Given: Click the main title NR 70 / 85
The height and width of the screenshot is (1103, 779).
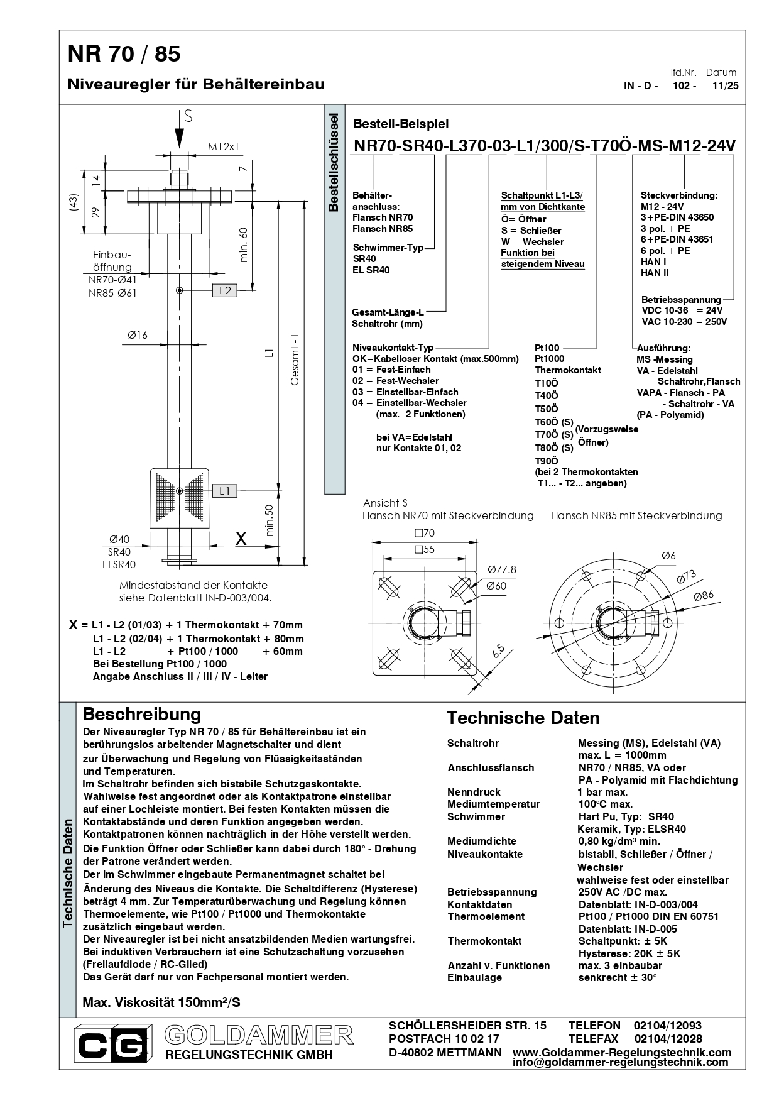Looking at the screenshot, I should pyautogui.click(x=124, y=55).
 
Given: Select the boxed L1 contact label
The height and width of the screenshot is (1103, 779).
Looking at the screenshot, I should pyautogui.click(x=225, y=491).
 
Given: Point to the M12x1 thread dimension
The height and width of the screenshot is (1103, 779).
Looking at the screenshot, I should pyautogui.click(x=224, y=147).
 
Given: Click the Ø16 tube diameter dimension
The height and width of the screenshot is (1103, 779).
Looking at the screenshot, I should pyautogui.click(x=137, y=336).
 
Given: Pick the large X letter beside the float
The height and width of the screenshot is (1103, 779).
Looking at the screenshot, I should pyautogui.click(x=241, y=538).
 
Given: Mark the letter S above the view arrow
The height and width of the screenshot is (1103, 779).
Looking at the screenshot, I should pyautogui.click(x=188, y=116).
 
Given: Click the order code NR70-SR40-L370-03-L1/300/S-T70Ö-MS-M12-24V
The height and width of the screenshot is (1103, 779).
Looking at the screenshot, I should pyautogui.click(x=545, y=146).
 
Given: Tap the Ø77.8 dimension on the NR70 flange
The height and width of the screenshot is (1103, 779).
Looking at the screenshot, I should pyautogui.click(x=501, y=569).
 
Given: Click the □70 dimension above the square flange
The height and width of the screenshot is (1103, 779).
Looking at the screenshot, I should pyautogui.click(x=425, y=533).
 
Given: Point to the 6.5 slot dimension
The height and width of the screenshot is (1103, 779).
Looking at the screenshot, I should pyautogui.click(x=499, y=651).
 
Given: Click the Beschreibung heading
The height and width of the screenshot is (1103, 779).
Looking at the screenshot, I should pyautogui.click(x=142, y=714).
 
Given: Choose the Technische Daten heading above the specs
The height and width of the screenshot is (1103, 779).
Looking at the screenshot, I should pyautogui.click(x=523, y=718).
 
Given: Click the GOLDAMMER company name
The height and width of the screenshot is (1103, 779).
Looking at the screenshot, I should pyautogui.click(x=259, y=1034).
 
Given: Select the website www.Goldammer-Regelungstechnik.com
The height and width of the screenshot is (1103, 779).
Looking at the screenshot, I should pyautogui.click(x=622, y=1052).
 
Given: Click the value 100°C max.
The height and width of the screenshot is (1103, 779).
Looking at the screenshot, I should pyautogui.click(x=605, y=804).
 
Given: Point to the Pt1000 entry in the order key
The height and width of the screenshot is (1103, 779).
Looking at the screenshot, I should pyautogui.click(x=549, y=359).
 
